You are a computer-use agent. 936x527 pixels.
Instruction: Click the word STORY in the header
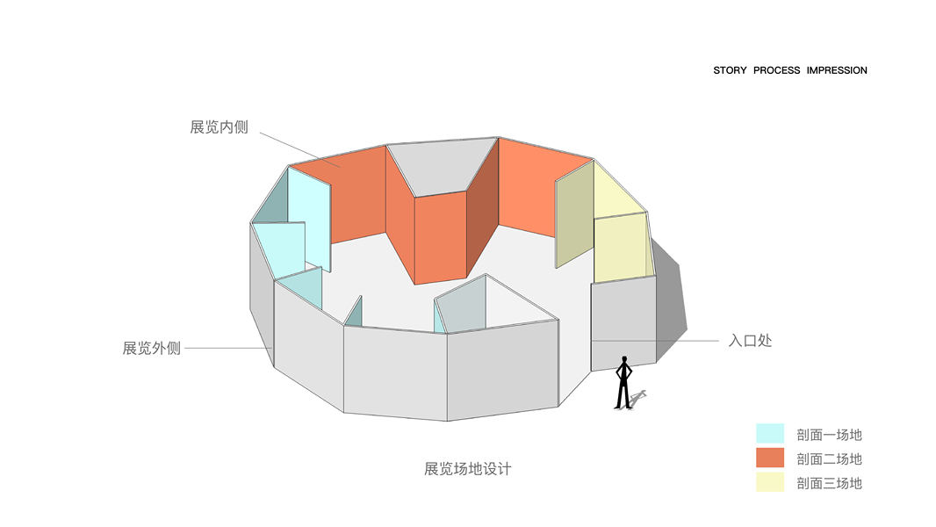[730, 70]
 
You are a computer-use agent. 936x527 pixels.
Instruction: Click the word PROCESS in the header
[776, 70]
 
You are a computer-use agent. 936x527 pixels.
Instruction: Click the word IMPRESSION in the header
[837, 70]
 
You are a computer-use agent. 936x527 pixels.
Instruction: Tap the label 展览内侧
[219, 127]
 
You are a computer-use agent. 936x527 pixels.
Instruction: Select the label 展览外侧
[151, 348]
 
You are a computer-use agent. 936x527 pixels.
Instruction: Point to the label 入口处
[750, 340]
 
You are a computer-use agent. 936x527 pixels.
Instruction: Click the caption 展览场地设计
[467, 469]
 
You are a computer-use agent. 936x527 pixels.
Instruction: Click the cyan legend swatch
[769, 433]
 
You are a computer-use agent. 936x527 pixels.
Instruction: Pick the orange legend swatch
[769, 458]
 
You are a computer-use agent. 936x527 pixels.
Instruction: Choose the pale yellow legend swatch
[769, 482]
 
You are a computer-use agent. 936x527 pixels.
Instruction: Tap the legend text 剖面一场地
[829, 435]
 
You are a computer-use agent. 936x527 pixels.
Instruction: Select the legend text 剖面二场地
[829, 458]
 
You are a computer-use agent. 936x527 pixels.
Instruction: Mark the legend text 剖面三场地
[829, 483]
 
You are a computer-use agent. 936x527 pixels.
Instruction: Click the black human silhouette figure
[623, 384]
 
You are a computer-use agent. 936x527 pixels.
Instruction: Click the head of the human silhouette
[624, 359]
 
